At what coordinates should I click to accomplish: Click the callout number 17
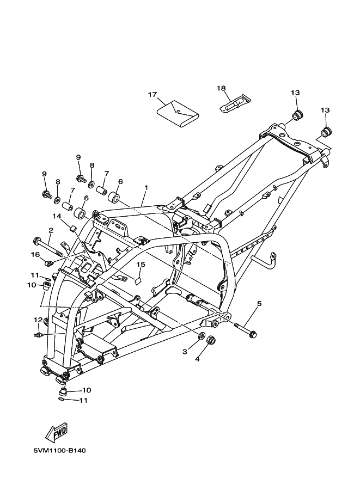pyautogui.click(x=152, y=95)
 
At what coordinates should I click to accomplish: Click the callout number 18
pyautogui.click(x=221, y=88)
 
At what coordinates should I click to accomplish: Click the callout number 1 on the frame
pyautogui.click(x=146, y=188)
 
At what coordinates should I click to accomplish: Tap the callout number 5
pyautogui.click(x=259, y=304)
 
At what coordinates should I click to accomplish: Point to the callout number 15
pyautogui.click(x=141, y=265)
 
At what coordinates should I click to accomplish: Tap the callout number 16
pyautogui.click(x=35, y=254)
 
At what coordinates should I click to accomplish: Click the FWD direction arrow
pyautogui.click(x=57, y=432)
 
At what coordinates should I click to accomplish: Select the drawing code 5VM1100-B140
pyautogui.click(x=59, y=451)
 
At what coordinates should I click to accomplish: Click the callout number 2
pyautogui.click(x=51, y=231)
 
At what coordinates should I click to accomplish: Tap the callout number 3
pyautogui.click(x=185, y=352)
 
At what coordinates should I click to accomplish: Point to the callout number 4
pyautogui.click(x=198, y=359)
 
